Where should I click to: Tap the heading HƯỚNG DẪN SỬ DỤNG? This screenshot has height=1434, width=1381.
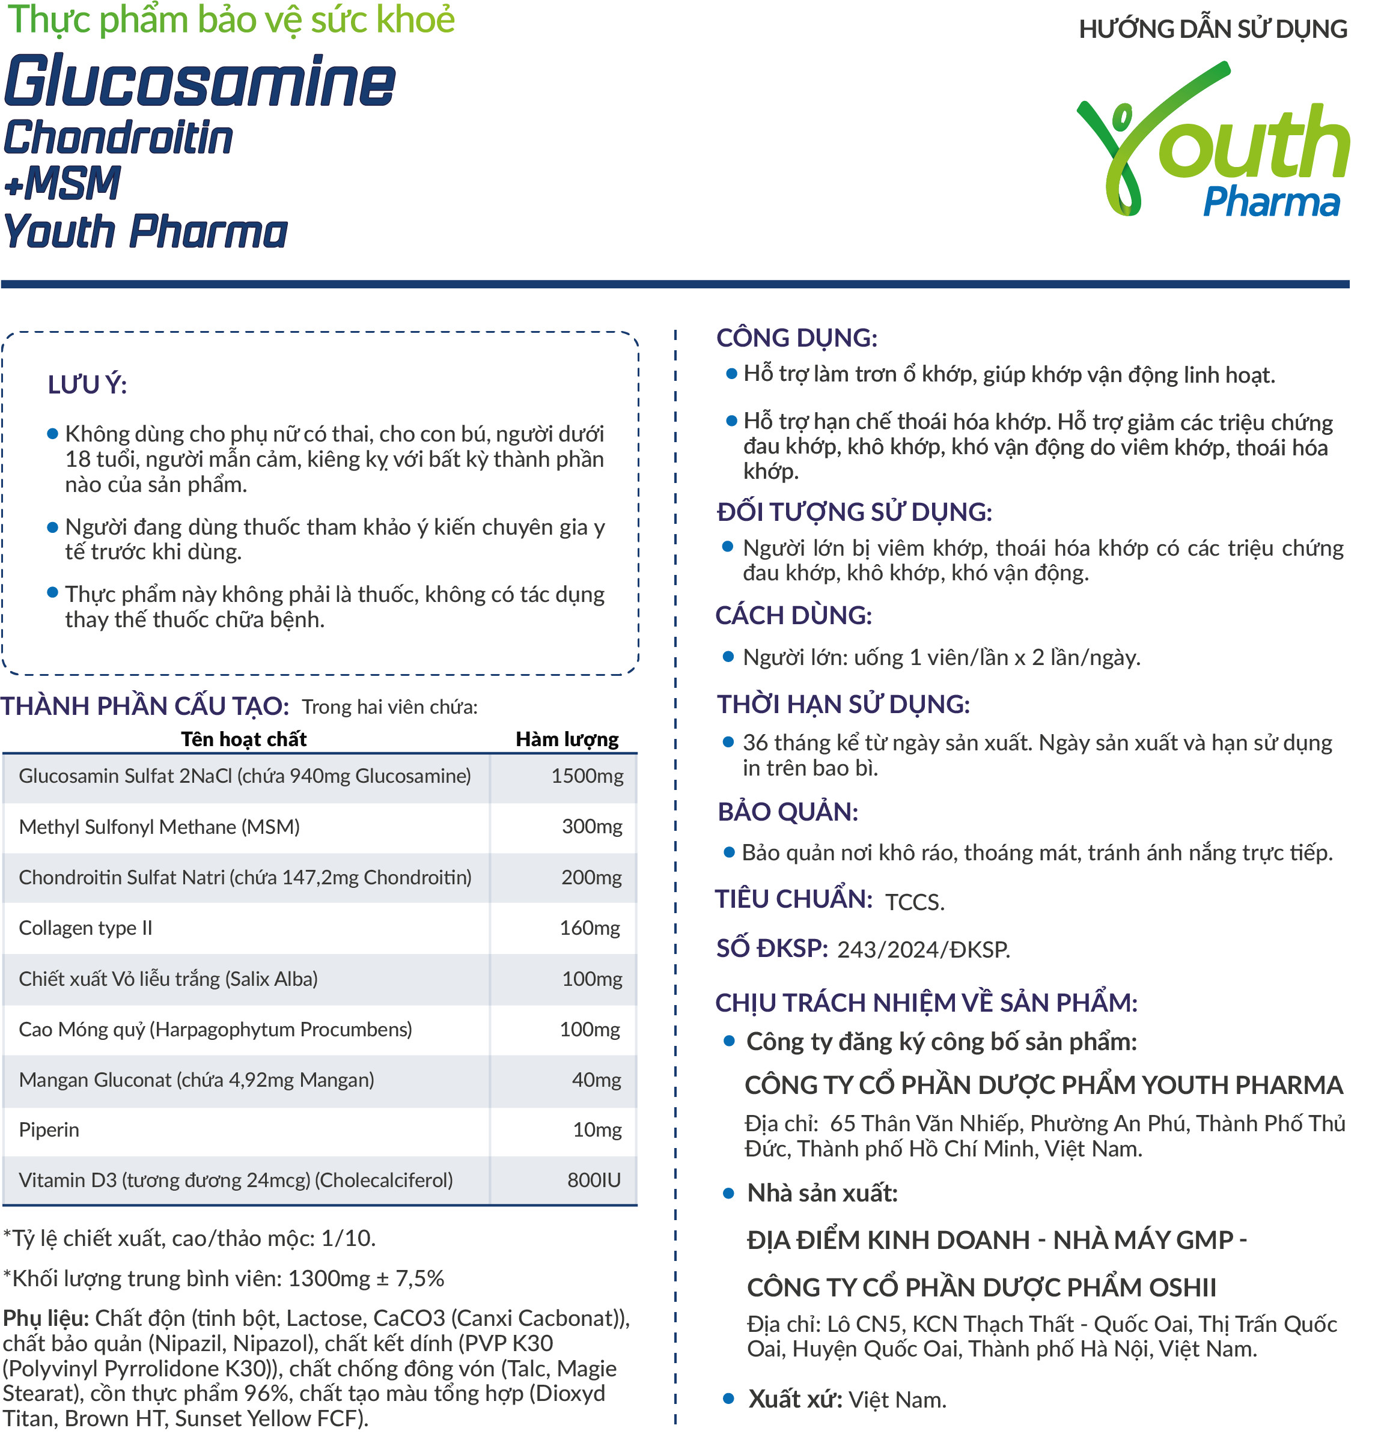pos(1212,29)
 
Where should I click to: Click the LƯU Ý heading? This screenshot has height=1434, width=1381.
pos(87,385)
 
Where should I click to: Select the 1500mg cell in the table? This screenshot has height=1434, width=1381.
pos(587,777)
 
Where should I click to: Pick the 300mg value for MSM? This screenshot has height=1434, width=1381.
pos(592,827)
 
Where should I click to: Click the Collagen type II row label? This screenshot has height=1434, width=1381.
pos(85,928)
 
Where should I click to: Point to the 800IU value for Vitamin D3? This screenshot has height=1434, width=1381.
pos(594,1180)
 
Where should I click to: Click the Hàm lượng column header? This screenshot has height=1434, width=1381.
pos(567,740)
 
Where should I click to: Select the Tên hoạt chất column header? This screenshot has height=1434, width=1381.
pos(244,740)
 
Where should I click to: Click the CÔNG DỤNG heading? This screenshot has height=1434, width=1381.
pos(796,338)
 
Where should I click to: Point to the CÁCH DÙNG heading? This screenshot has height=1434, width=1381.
pos(793,616)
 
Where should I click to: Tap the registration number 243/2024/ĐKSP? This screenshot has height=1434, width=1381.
pos(924,950)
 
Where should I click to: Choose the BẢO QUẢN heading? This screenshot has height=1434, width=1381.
pos(787,812)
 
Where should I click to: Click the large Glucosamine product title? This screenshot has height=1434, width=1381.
pos(199,81)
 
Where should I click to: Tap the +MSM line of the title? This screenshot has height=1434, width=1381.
pos(62,183)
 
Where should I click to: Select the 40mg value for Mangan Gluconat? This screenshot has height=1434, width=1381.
pos(597,1081)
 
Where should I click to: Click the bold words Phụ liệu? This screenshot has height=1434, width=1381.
pos(46,1319)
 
